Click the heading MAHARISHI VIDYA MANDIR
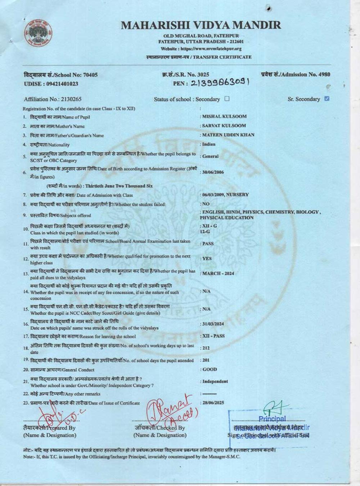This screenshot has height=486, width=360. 201,25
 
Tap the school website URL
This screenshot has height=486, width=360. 201,49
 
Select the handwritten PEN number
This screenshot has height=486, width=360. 220,83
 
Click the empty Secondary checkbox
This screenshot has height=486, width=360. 227,99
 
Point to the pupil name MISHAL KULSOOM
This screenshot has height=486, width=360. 224,117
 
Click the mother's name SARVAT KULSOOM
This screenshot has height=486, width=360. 224,126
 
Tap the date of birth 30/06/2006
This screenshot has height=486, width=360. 213,172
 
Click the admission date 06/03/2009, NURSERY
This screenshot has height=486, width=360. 225,195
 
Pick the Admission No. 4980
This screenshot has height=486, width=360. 295,75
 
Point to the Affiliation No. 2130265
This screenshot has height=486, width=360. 53,99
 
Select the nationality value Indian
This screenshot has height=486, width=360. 209,144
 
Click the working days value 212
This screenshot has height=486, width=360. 206,348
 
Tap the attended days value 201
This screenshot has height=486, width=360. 206,360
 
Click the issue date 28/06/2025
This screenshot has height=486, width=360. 213,402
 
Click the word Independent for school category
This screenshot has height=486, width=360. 215,382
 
